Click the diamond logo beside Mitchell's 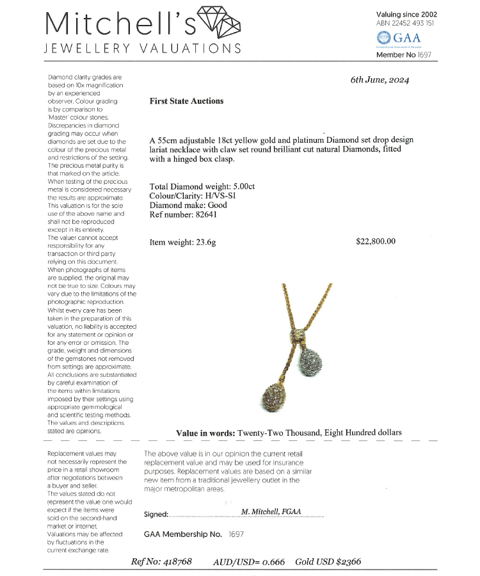[x=220, y=21]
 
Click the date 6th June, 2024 [x=380, y=80]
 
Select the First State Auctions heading [x=186, y=101]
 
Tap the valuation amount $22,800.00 [x=376, y=241]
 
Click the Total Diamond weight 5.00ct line [x=202, y=187]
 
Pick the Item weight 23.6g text [x=182, y=243]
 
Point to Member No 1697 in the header [x=404, y=55]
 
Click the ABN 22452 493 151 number [x=405, y=24]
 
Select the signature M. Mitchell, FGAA [x=271, y=512]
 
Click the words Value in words [x=205, y=433]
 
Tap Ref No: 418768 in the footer [x=161, y=562]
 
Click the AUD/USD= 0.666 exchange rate [x=249, y=562]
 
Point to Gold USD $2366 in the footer [x=328, y=562]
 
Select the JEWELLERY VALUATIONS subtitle [x=142, y=49]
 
